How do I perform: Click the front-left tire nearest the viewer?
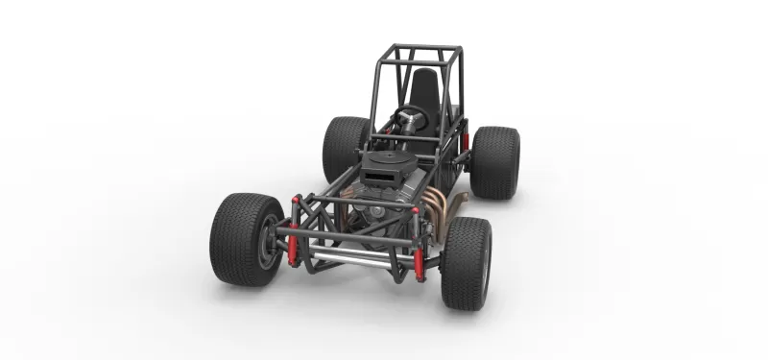click(242, 240)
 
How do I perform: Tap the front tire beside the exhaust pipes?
click(465, 262)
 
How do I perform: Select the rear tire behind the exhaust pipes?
click(496, 160)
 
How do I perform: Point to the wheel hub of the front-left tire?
click(263, 245)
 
